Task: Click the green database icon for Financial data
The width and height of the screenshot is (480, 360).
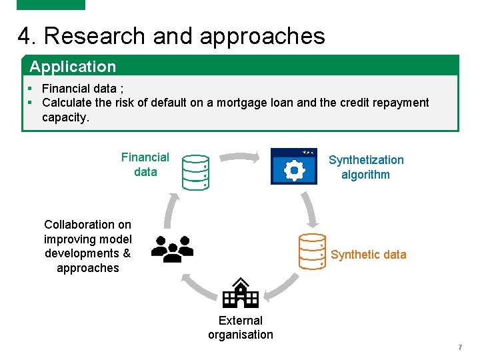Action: tap(196, 172)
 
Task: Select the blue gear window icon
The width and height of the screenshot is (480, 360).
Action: tap(294, 167)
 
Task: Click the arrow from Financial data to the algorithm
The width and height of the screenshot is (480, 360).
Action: tap(240, 157)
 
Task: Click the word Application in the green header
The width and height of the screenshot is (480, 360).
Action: tap(73, 67)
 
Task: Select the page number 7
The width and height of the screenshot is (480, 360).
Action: tap(460, 348)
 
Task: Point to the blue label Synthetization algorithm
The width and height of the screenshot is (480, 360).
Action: tap(366, 167)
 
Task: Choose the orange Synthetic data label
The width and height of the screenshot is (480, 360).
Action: tap(368, 255)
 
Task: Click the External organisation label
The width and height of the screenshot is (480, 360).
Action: tap(241, 327)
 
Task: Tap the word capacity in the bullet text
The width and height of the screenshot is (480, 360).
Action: tap(63, 117)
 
